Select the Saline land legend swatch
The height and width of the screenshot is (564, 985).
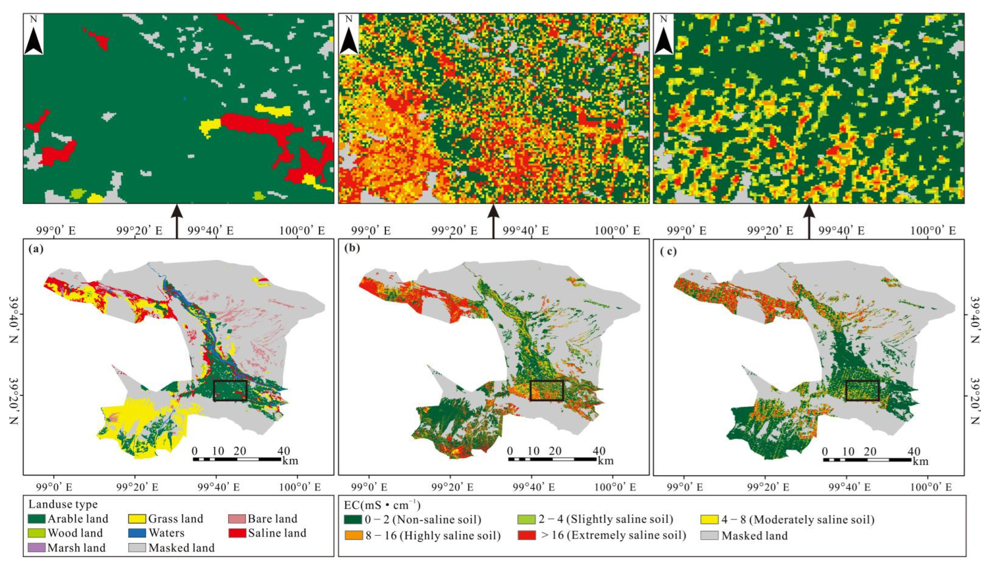(x=237, y=533)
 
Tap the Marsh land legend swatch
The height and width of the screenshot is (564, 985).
(x=37, y=548)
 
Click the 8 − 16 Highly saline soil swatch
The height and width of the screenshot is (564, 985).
(x=353, y=535)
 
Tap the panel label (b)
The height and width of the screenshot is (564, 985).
(x=352, y=249)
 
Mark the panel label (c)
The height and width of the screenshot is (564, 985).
(x=668, y=251)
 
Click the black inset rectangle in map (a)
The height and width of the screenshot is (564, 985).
(x=230, y=390)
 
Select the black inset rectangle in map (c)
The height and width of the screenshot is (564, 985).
(x=863, y=390)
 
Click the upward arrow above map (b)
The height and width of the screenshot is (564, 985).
(x=493, y=222)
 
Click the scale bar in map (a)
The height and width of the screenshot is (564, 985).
(x=237, y=459)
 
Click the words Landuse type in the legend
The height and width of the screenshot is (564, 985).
(x=63, y=504)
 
